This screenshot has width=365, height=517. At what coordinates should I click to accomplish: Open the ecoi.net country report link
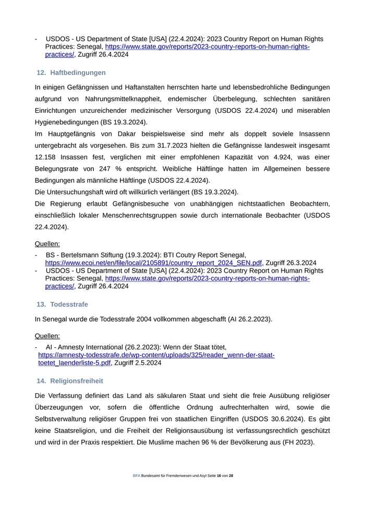click(x=153, y=263)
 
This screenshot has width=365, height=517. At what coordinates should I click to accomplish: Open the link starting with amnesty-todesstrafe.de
click(x=156, y=355)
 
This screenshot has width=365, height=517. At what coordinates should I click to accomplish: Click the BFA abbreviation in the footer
click(x=136, y=476)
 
